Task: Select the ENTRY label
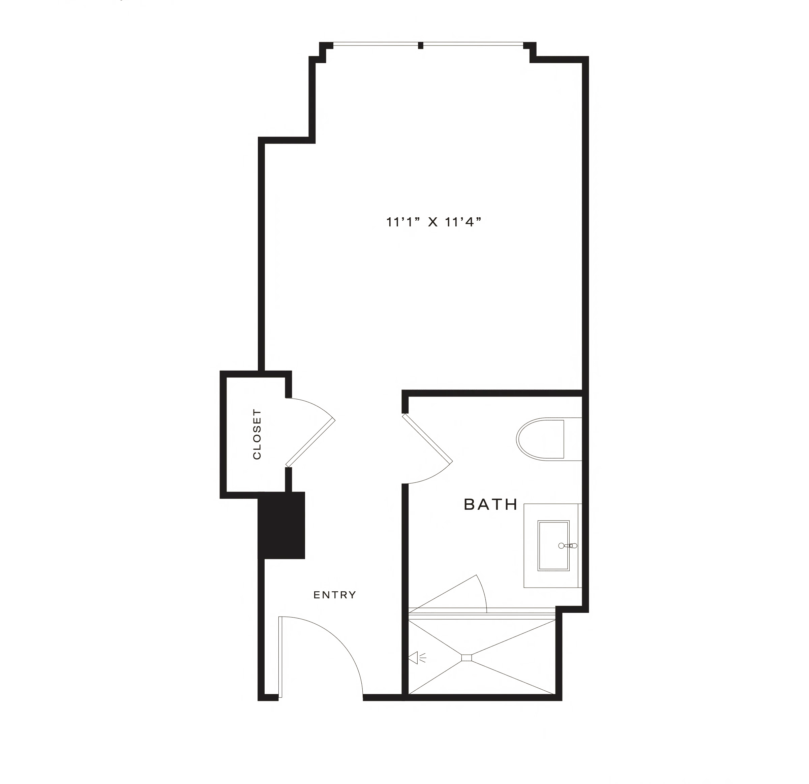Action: coord(334,595)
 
